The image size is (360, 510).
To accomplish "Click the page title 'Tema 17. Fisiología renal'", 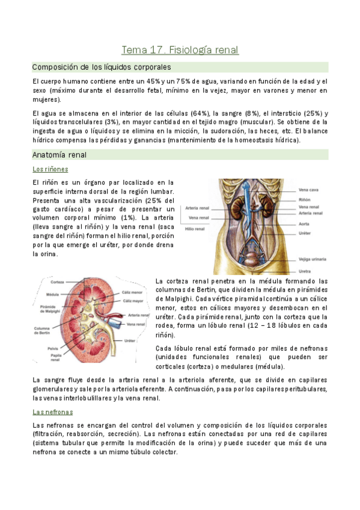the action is coord(180,49).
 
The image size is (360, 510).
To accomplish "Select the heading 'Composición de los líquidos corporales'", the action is coord(102,67).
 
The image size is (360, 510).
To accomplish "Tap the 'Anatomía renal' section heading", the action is coord(59,155).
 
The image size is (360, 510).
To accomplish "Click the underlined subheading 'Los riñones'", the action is coord(50,170).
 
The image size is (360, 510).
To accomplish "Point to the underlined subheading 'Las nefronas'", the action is coord(52,412).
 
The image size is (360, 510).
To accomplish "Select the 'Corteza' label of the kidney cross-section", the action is coord(58,282).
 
